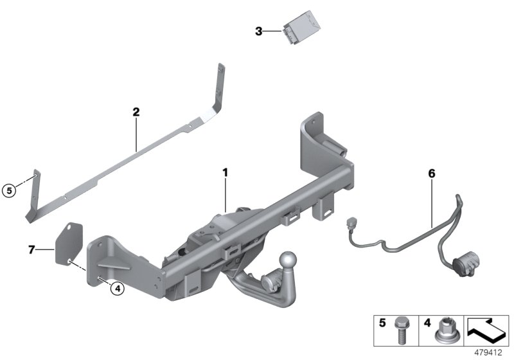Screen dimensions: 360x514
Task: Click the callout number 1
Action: coord(226,173)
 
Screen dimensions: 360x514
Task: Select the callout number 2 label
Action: coord(136,112)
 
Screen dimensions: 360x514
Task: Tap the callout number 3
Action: coord(258,30)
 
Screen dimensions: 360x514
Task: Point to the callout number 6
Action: coord(432,173)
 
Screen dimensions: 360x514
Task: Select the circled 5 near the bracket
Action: coord(8,190)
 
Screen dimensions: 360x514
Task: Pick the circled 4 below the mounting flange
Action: coord(116,289)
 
